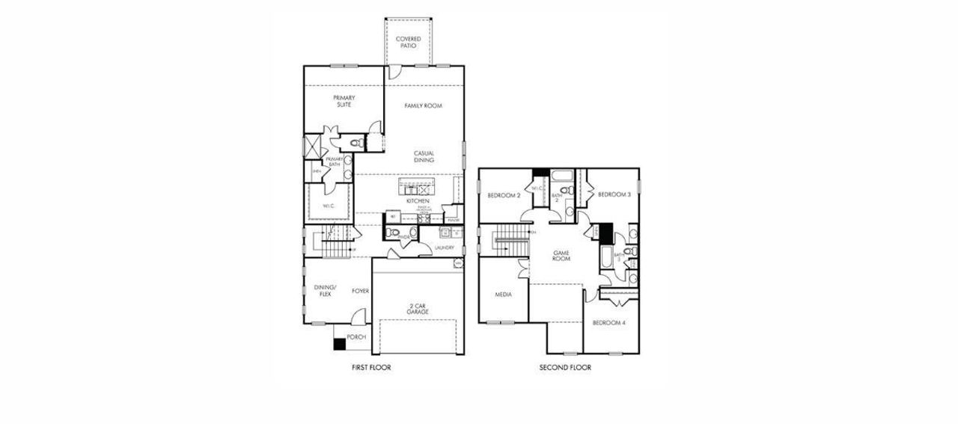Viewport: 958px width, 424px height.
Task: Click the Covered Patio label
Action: (x=408, y=42)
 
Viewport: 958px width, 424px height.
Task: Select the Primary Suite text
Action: (x=344, y=101)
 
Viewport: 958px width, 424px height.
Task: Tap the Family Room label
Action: (x=424, y=106)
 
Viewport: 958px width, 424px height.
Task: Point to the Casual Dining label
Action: (x=424, y=157)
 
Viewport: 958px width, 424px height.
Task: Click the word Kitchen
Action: (x=418, y=201)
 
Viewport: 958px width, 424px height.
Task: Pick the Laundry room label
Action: (x=445, y=247)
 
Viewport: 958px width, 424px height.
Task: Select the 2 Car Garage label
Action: (x=417, y=308)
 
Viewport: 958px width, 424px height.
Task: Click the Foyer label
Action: (x=360, y=291)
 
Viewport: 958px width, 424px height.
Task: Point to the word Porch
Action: (x=356, y=338)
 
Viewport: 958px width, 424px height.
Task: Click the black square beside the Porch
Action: (x=339, y=344)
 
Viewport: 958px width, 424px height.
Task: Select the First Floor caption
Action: (x=371, y=368)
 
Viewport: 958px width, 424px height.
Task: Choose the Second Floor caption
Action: (x=565, y=368)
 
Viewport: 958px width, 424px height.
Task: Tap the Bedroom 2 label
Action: (x=504, y=195)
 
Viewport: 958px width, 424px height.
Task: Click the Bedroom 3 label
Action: (x=614, y=194)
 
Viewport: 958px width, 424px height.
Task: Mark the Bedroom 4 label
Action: (x=608, y=323)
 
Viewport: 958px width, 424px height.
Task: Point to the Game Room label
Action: (x=562, y=256)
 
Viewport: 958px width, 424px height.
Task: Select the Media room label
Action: (x=503, y=295)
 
